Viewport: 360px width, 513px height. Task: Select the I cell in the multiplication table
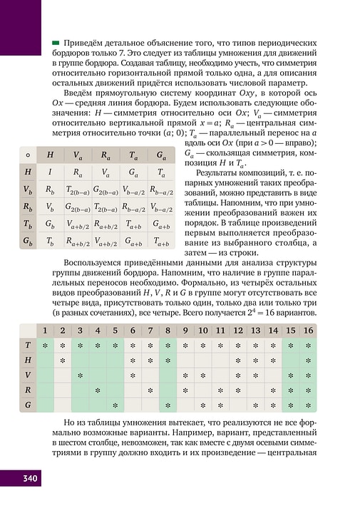pos(50,172)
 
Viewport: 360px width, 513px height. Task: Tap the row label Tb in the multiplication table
pos(28,224)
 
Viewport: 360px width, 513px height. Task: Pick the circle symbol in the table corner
pos(28,155)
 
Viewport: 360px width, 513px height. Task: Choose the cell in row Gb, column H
pos(50,242)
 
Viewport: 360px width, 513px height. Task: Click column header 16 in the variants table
pos(308,331)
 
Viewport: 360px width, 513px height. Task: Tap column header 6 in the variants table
pos(133,331)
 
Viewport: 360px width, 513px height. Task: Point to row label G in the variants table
pos(28,405)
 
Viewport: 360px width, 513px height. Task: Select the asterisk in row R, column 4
pos(98,390)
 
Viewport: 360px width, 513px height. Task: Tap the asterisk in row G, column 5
pos(115,405)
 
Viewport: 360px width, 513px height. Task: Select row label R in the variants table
pos(28,390)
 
